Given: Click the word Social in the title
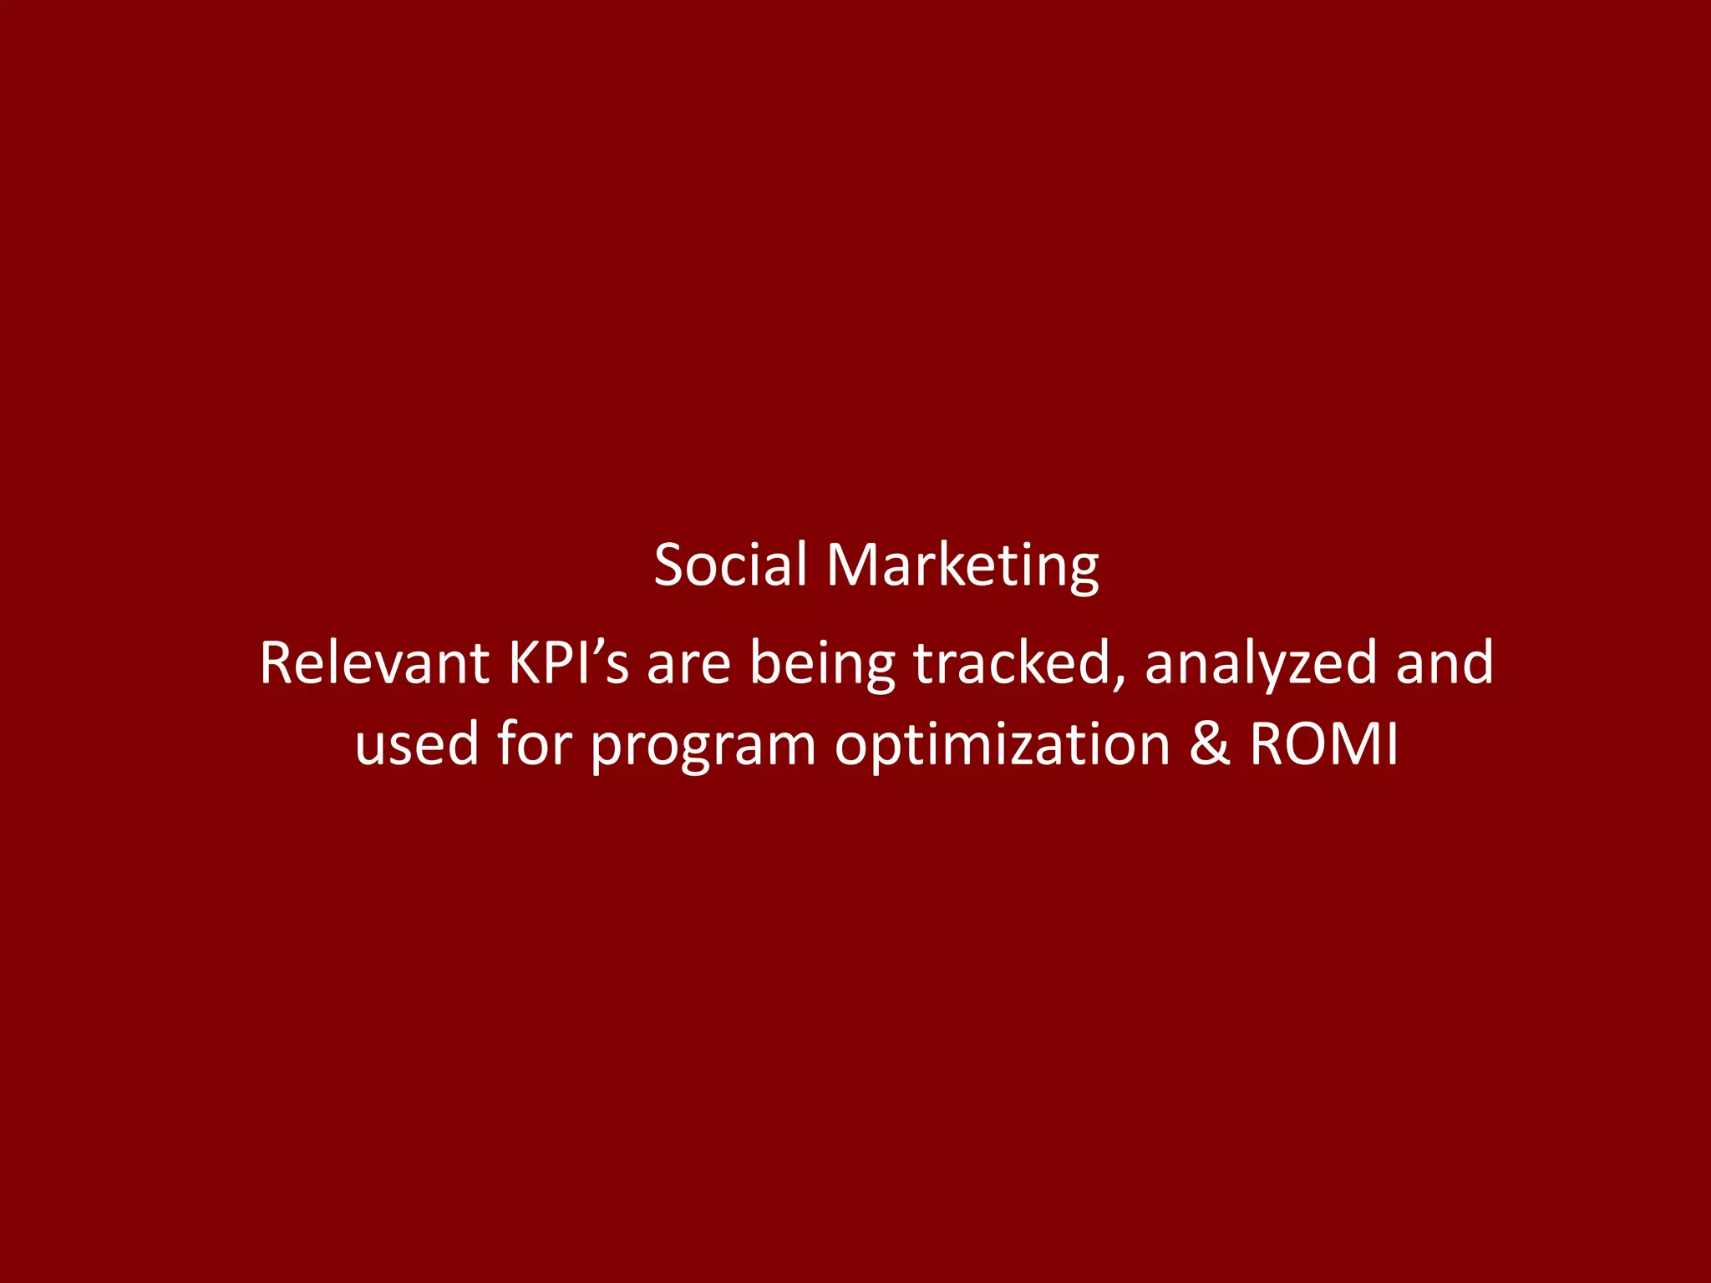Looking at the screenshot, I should point(731,565).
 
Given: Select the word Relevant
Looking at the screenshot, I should point(373,663).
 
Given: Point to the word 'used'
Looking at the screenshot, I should point(416,744).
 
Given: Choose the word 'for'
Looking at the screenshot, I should point(535,743).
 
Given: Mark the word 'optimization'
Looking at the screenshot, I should point(1002,744).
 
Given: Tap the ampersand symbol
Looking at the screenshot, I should point(1209,744).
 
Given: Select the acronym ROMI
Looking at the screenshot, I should point(1323,744).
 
